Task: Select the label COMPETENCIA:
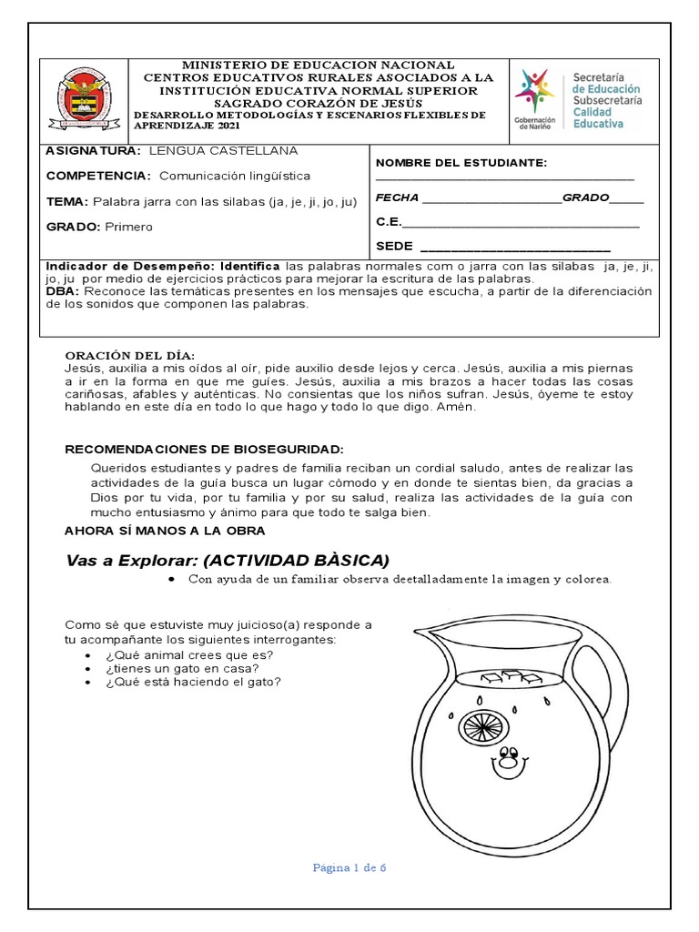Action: (x=98, y=176)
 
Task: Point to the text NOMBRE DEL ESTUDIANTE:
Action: (x=461, y=163)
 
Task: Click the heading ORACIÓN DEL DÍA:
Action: (x=129, y=354)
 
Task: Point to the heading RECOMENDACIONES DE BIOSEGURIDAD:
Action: (x=204, y=450)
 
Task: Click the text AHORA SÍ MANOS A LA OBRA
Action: (x=165, y=530)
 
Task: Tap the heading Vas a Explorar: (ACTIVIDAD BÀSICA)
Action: (x=227, y=559)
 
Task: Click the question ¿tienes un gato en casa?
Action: (x=183, y=667)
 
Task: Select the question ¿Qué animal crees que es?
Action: (x=189, y=654)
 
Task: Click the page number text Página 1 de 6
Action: (x=349, y=867)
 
